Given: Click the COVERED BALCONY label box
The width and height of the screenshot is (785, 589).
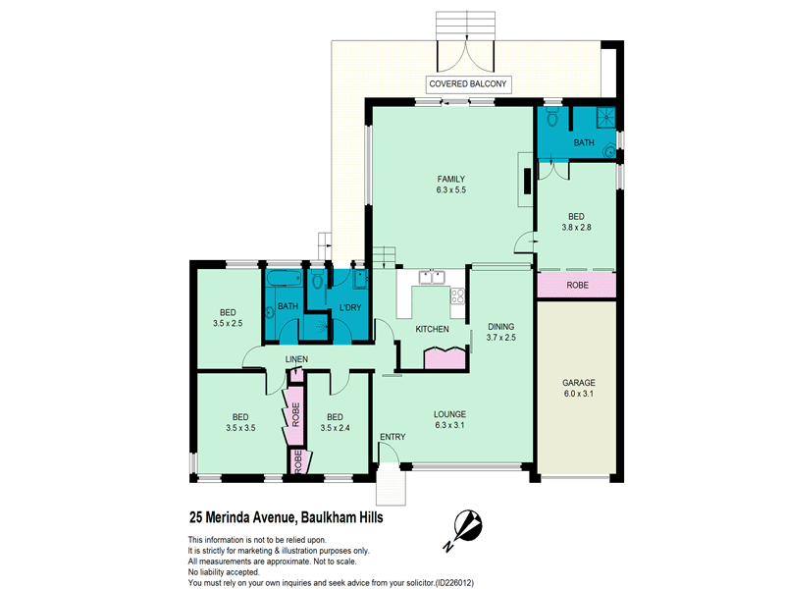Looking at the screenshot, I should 468,84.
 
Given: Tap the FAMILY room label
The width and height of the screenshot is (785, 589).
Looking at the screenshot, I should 450,179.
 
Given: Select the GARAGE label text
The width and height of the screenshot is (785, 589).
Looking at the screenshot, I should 579,383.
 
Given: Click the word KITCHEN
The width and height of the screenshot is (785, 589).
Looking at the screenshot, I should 432,329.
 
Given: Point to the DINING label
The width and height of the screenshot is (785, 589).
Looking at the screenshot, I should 500,327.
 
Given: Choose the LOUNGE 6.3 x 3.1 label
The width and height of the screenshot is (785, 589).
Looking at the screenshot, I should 450,420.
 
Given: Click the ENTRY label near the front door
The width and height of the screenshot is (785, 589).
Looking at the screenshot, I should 392,436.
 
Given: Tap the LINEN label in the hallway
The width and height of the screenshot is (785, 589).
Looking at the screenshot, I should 296,360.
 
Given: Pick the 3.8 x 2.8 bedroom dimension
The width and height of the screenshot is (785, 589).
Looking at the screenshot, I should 576,228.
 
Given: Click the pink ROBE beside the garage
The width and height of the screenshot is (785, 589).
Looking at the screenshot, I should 576,286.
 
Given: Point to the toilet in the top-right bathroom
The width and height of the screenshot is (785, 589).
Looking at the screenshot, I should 552,119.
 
